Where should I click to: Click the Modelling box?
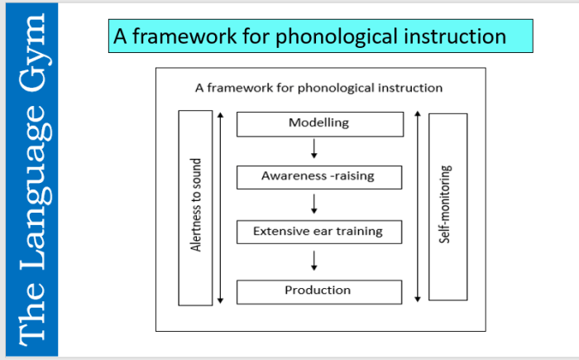(x=319, y=124)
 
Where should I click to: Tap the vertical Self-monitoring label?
(x=447, y=205)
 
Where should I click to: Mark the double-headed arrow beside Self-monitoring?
(x=419, y=205)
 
